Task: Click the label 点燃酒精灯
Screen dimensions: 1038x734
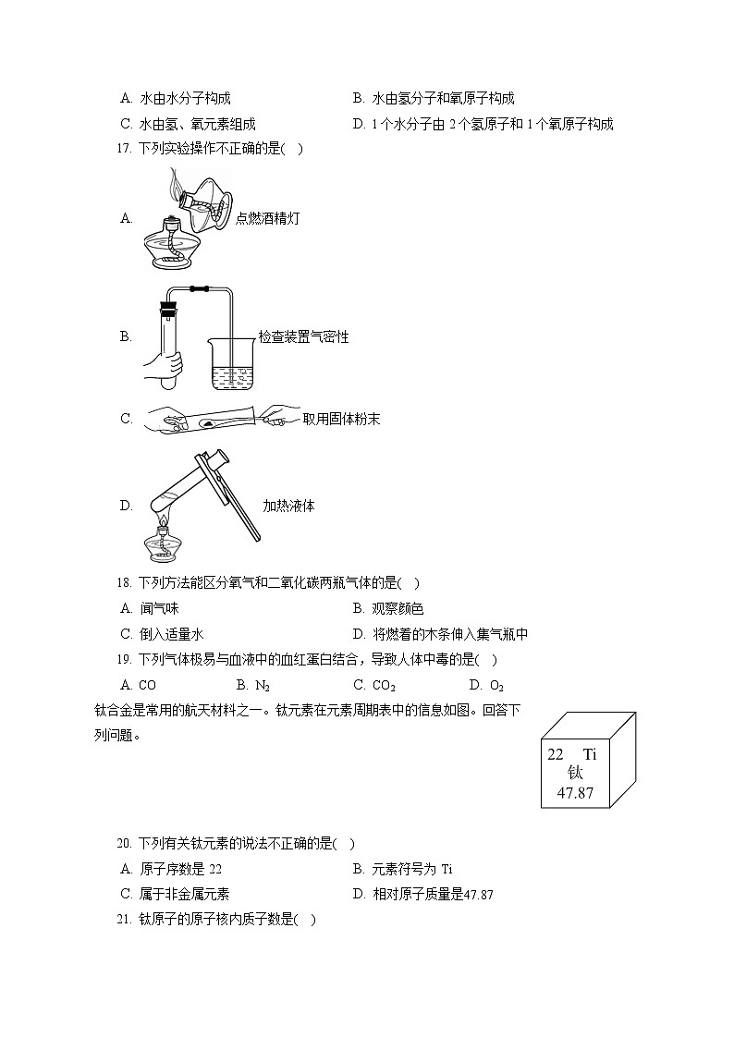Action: [267, 218]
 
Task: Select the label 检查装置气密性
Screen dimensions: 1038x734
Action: [303, 337]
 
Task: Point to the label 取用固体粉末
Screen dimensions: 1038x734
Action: [341, 419]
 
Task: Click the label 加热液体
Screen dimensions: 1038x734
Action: [288, 506]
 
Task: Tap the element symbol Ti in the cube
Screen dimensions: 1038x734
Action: [590, 753]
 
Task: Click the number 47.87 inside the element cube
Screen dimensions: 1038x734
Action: [575, 793]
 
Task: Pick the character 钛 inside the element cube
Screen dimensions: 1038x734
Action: [575, 773]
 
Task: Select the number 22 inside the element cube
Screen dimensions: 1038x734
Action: [556, 753]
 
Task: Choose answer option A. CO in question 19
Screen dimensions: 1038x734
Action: [139, 685]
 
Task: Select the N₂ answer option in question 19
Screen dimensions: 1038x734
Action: [253, 685]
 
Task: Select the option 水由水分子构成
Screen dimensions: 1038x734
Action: [176, 98]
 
